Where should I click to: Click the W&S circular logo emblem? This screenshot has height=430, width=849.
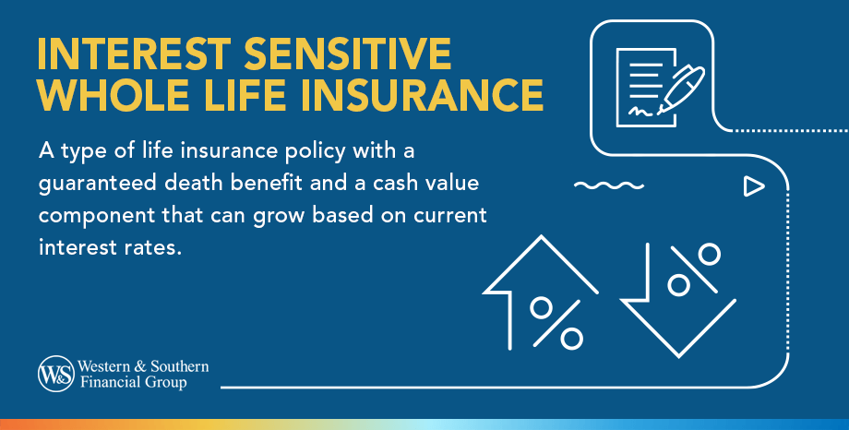coord(55,373)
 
